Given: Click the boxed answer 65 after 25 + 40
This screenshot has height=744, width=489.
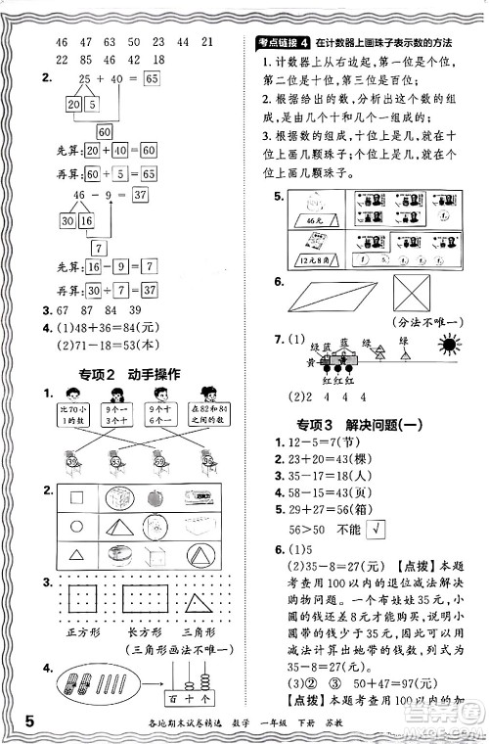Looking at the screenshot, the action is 150,78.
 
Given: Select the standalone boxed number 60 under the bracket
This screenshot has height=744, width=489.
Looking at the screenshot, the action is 104,130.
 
